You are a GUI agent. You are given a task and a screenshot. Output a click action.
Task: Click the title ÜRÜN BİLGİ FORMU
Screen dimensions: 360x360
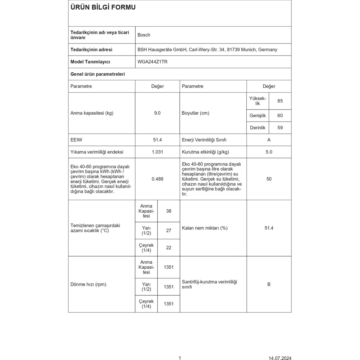[103, 7]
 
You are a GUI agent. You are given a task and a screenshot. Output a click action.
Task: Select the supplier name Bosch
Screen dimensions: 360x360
[144, 35]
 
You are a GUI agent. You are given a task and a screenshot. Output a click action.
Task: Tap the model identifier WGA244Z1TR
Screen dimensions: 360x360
[152, 62]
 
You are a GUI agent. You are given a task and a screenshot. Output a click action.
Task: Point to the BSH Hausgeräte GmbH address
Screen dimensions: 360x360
[207, 50]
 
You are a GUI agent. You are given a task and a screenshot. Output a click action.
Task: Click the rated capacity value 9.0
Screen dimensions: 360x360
[157, 113]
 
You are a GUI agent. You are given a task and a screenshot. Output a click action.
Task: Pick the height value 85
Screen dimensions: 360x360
[280, 101]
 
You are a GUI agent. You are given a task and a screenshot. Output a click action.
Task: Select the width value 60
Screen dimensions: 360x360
[280, 115]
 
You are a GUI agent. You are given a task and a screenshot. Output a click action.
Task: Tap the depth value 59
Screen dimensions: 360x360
[280, 128]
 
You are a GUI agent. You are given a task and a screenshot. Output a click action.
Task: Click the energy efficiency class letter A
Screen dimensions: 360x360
[269, 140]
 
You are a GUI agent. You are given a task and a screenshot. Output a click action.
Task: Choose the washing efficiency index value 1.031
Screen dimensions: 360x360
[157, 152]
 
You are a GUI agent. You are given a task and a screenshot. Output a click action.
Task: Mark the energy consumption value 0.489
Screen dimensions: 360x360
[157, 179]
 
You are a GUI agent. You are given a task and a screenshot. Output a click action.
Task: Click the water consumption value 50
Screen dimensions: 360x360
[269, 179]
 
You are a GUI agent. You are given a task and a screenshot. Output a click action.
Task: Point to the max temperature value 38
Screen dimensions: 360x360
[169, 211]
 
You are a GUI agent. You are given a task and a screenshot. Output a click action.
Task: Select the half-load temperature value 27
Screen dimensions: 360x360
[169, 230]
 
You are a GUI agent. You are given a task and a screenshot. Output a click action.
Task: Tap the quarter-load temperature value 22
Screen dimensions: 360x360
[169, 248]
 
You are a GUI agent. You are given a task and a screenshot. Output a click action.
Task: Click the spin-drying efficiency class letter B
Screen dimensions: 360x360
[269, 284]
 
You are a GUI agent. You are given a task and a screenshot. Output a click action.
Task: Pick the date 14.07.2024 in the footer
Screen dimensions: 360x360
[280, 358]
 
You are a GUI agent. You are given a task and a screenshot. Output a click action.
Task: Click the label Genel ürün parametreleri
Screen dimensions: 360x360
[97, 74]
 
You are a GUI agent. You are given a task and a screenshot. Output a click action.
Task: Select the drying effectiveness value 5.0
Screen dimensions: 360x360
[269, 152]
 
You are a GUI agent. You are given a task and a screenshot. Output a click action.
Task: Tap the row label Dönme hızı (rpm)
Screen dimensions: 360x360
[88, 284]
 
